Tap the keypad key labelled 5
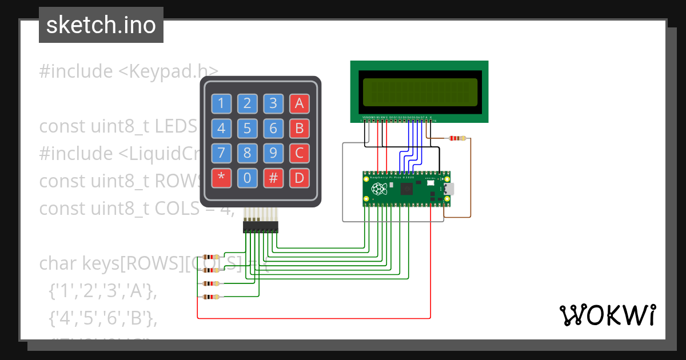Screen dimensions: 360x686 (x=248, y=129)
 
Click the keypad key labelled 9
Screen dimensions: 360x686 (x=273, y=153)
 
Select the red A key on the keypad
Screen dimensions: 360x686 (x=299, y=103)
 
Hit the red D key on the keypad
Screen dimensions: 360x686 (x=299, y=178)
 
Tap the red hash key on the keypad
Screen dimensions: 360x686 (x=273, y=178)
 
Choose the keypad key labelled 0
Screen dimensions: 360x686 (x=248, y=178)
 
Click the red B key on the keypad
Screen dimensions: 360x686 (x=299, y=129)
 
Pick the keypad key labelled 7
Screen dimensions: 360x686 (x=222, y=153)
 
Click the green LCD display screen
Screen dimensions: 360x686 (x=420, y=92)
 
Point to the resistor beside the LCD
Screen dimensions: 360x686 (x=457, y=138)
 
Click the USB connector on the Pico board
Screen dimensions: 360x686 (x=448, y=189)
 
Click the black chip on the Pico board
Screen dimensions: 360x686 (x=408, y=189)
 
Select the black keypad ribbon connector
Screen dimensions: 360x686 (x=261, y=227)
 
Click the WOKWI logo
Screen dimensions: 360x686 (x=607, y=315)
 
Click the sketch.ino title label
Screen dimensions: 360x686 (x=101, y=25)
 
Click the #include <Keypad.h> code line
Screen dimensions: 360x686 (x=129, y=71)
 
